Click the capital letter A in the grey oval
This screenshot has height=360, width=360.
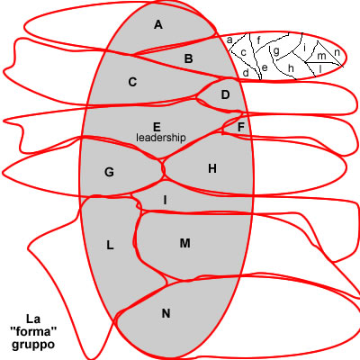coord(158,24)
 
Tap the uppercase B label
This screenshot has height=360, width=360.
coord(188,58)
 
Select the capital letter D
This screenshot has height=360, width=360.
coord(225,94)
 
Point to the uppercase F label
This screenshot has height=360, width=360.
coord(241,128)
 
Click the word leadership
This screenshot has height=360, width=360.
coord(161,138)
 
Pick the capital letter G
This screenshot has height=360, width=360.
coord(109,172)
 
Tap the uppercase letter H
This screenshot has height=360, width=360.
coord(212,168)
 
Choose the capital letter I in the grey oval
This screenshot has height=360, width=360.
coord(165,200)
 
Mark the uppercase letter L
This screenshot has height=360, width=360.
coord(110,246)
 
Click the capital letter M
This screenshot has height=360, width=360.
coord(185,243)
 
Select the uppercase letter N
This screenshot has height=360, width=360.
coord(166,313)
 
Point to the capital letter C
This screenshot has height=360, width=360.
coord(132,82)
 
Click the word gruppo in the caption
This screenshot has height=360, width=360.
coord(33,345)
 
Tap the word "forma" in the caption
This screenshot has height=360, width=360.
coord(33,331)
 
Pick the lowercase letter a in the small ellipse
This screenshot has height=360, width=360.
coord(229,40)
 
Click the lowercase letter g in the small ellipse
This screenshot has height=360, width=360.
coord(276,51)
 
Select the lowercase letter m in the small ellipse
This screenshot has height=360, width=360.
coord(321,56)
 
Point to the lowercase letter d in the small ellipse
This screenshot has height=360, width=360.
coord(246,72)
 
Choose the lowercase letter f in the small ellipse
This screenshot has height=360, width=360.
coord(258,40)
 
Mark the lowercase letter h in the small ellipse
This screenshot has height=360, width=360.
coord(291,68)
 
